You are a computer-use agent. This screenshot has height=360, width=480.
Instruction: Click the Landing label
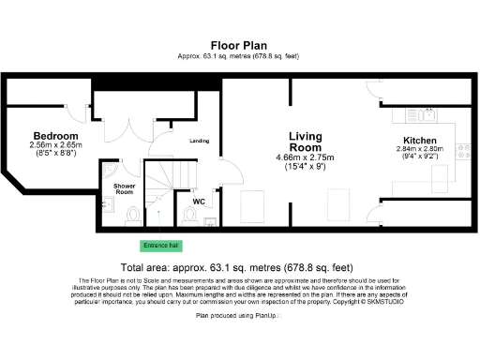point(200,142)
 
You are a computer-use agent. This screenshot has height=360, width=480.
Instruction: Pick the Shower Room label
point(125,189)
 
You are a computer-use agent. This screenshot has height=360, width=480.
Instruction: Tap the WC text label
point(199,201)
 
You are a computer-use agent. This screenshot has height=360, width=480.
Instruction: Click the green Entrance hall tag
point(160,246)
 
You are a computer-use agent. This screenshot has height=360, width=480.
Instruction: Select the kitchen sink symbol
point(428,115)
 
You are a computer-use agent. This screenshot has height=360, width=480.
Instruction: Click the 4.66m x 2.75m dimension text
point(305,157)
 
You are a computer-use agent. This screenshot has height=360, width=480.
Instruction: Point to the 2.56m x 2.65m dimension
point(56,145)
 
